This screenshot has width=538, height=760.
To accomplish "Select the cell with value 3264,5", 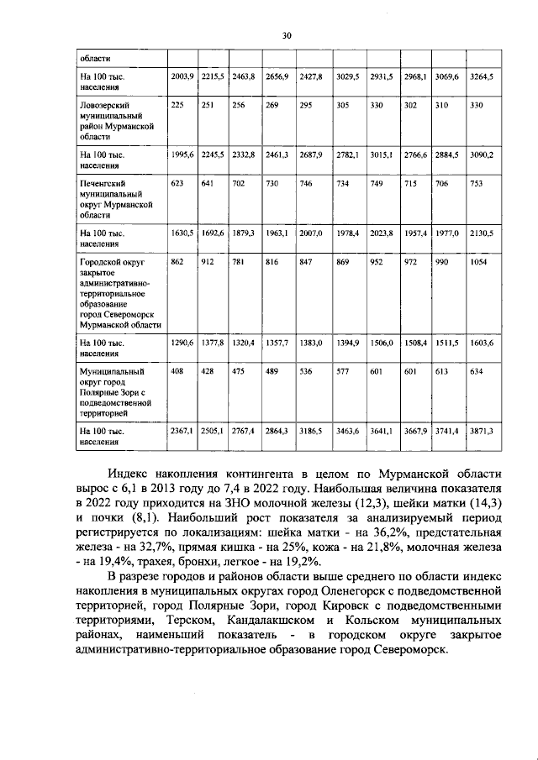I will pyautogui.click(x=479, y=76).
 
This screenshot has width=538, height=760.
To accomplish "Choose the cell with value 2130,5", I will pyautogui.click(x=479, y=233).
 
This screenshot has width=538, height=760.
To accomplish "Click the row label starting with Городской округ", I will pyautogui.click(x=116, y=293).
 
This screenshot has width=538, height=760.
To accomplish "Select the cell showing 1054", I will pyautogui.click(x=477, y=263).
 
